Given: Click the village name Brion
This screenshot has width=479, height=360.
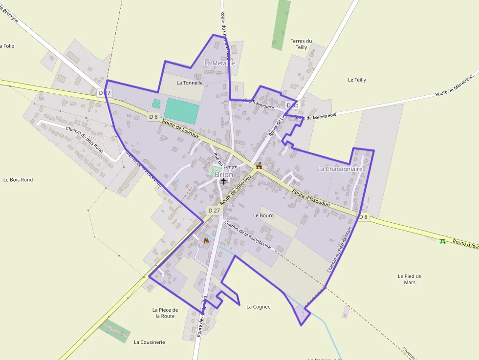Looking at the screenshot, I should [x=224, y=174].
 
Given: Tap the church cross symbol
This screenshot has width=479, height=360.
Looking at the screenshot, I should [x=224, y=181].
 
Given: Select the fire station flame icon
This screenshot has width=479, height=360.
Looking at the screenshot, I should [x=206, y=241].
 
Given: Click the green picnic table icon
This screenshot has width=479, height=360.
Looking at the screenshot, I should [x=443, y=241].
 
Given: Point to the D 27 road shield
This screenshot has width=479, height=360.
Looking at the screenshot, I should [x=214, y=211].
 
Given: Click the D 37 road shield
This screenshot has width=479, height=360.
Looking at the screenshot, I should [x=105, y=92].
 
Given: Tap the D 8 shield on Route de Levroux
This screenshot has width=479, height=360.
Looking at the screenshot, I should [x=153, y=116].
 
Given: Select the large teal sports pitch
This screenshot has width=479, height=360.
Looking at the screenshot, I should [x=182, y=111].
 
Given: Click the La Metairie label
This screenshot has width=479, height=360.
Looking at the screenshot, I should [x=219, y=63].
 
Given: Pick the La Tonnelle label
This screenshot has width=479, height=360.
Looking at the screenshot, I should [x=190, y=83].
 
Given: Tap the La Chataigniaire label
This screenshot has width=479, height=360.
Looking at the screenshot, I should [x=340, y=169].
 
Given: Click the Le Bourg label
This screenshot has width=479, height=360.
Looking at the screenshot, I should [x=263, y=215].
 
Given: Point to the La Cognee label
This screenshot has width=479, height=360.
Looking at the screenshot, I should [x=259, y=307].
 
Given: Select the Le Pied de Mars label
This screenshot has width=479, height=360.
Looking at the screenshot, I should [x=410, y=279].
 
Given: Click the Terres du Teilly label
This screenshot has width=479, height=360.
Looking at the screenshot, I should [x=301, y=44].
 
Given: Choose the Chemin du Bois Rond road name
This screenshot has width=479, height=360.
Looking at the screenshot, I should [x=84, y=140].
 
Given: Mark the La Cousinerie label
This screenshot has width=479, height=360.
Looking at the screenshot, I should [x=150, y=342].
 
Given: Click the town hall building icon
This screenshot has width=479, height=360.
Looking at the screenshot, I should [x=259, y=166].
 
